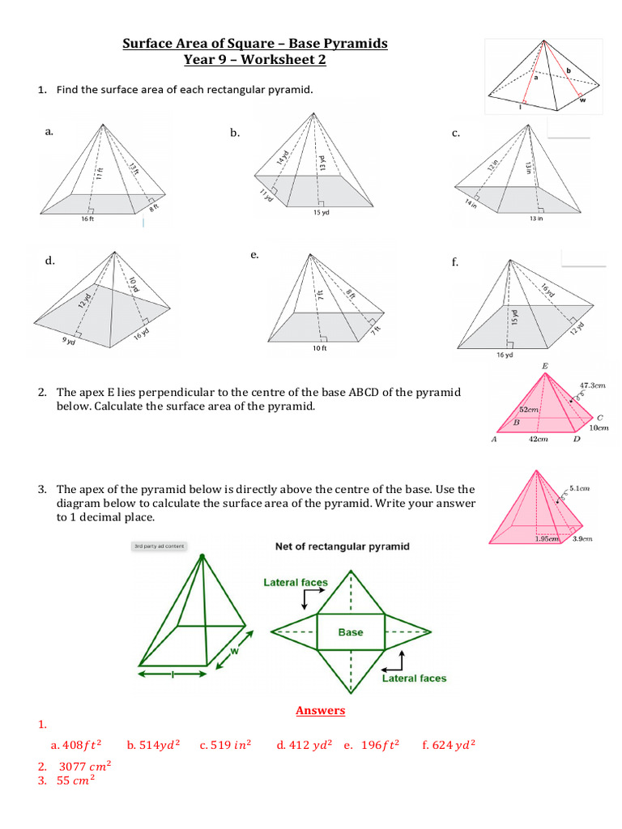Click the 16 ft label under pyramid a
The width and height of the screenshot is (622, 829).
[x=87, y=219]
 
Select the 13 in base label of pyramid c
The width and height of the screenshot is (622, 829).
[x=535, y=218]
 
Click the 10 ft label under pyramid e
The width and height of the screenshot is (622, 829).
[x=319, y=348]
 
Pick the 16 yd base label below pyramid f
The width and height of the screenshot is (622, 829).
[x=504, y=355]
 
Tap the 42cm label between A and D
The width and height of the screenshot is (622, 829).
[x=538, y=440]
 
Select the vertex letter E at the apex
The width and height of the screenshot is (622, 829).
[x=544, y=367]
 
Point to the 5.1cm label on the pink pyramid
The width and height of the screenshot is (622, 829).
[x=580, y=488]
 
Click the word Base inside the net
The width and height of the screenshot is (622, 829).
[x=350, y=632]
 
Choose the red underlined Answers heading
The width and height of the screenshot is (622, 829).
[x=320, y=711]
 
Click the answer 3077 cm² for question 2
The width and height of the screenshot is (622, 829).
[x=84, y=765]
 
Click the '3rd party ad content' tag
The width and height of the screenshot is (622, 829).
[x=159, y=546]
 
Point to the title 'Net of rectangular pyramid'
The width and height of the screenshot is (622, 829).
[x=342, y=546]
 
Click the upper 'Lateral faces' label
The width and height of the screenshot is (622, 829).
[x=296, y=582]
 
